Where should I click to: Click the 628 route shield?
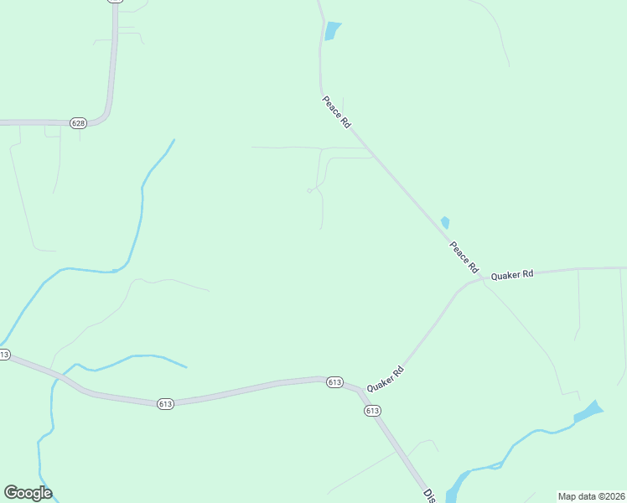point(78,123)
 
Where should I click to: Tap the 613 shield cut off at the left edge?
point(4,355)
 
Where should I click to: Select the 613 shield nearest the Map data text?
point(373,411)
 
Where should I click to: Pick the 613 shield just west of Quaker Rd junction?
point(334,382)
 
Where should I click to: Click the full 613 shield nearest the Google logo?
point(164,404)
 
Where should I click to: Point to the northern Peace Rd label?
point(336,111)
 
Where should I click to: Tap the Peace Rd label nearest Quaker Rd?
point(464,257)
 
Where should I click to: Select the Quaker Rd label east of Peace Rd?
point(512,275)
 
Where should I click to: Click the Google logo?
point(28,493)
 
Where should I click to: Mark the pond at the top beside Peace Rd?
point(333,30)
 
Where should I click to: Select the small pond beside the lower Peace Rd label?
point(445,223)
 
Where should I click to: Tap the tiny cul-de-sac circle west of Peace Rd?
point(309,191)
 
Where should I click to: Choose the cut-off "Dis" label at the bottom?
point(430,495)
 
